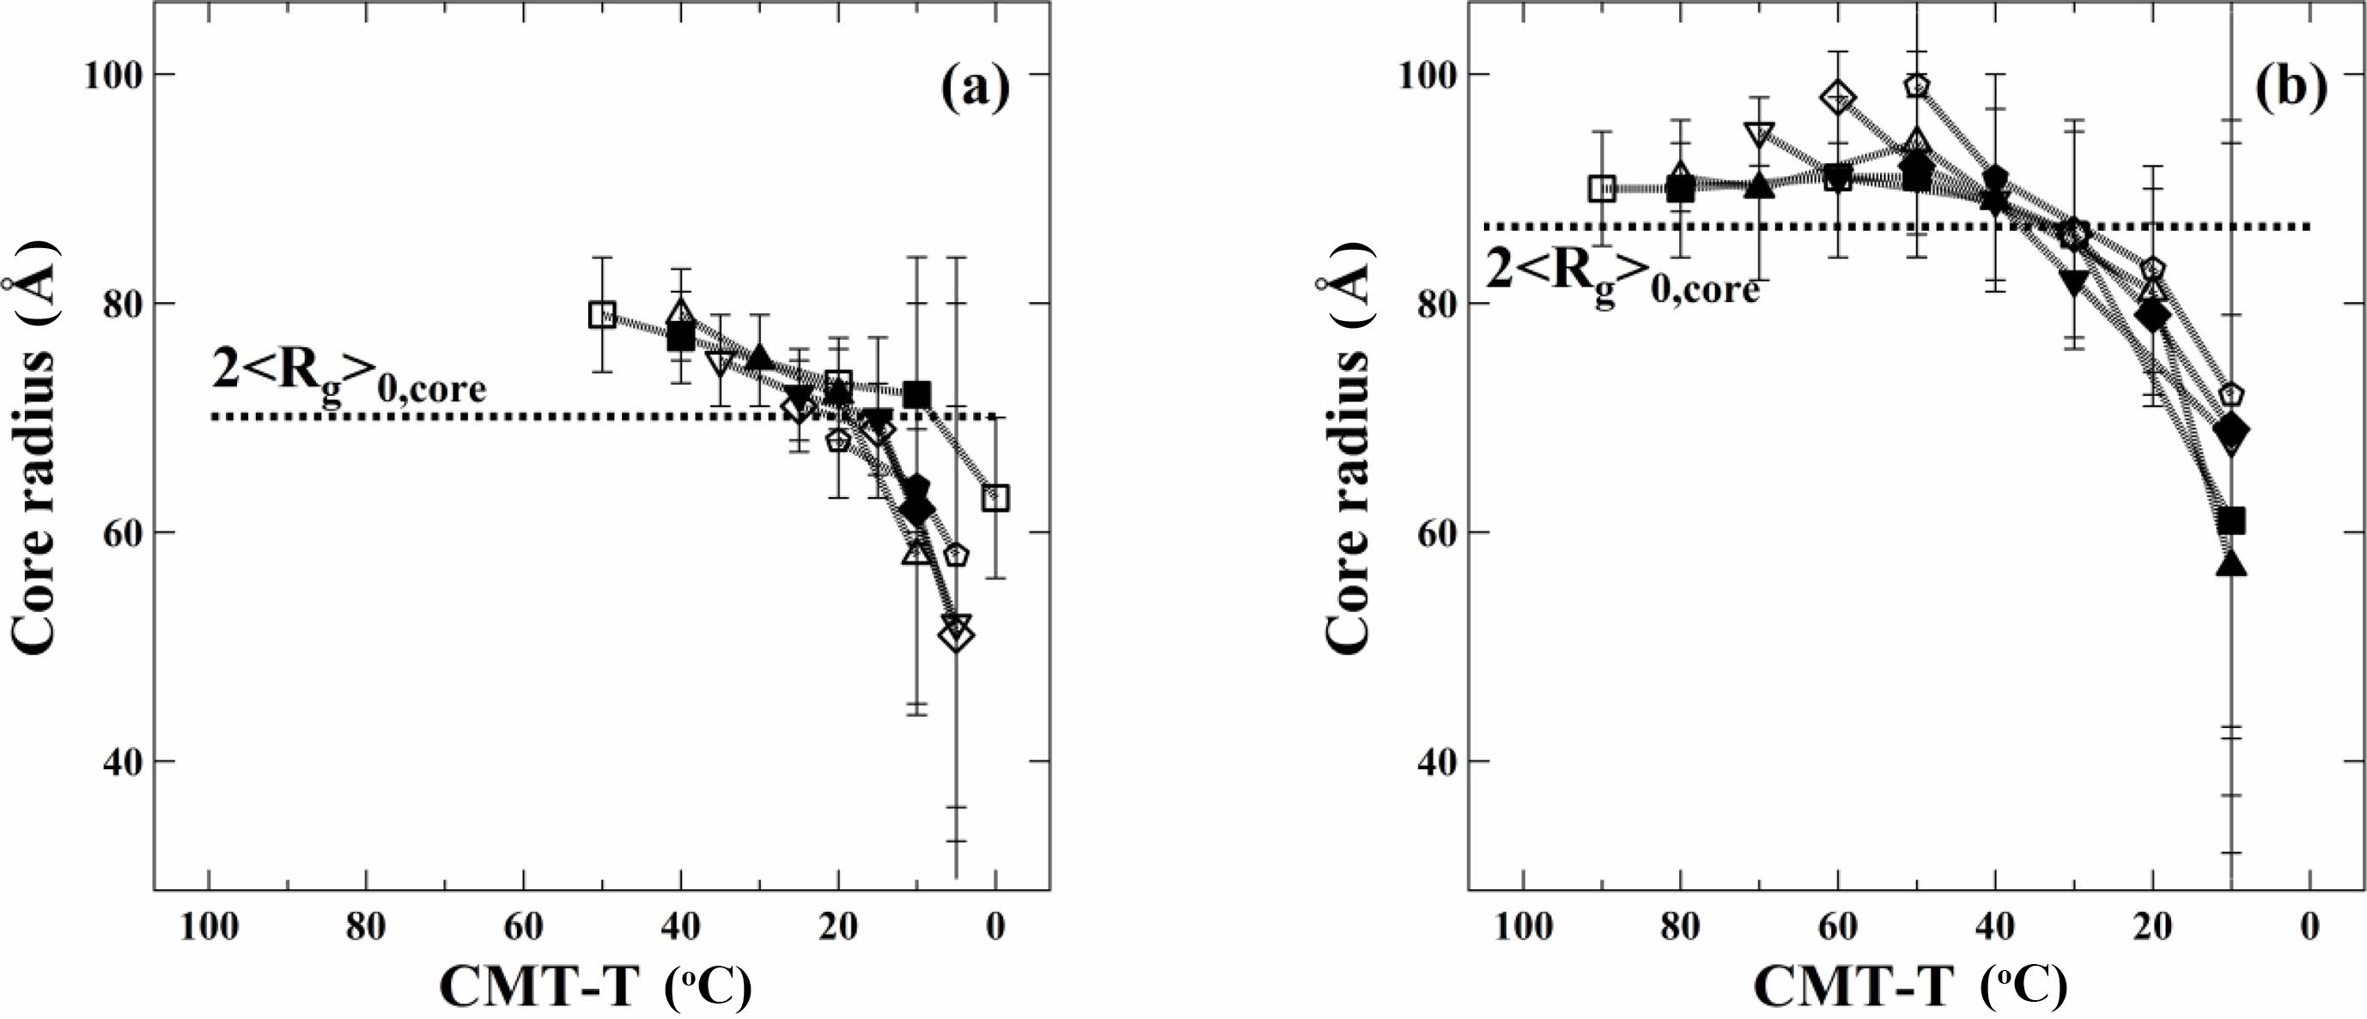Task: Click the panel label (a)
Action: coord(975,89)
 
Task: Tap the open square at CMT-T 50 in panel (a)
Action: coord(602,315)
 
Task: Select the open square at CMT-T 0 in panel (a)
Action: coord(995,498)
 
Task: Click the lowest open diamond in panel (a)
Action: coord(957,636)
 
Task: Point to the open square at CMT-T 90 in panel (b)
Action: coord(1603,188)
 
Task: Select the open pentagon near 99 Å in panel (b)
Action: coord(1917,87)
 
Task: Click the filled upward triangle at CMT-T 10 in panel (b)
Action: coord(2231,564)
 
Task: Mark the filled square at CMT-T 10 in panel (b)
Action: coord(2231,521)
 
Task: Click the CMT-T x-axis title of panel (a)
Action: coord(596,989)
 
